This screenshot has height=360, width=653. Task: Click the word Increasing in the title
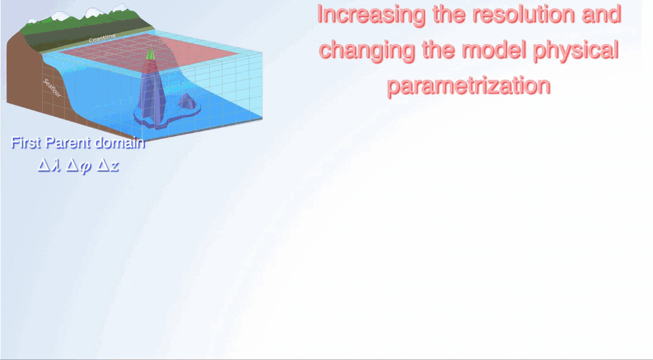pos(372,15)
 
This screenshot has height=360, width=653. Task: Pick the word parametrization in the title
pos(469,86)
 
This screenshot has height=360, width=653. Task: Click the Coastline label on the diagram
pos(102,38)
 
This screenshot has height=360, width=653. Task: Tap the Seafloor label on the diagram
pos(52,89)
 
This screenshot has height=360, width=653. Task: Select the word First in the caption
pos(26,143)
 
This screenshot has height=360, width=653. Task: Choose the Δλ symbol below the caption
pos(50,166)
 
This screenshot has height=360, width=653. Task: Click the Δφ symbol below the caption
pos(79,166)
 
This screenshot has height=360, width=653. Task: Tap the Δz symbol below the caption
pos(108,166)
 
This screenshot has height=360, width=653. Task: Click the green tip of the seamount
pos(150,53)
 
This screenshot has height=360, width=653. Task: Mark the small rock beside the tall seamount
pos(186,102)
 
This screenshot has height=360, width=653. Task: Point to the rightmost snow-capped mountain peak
pos(121,8)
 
